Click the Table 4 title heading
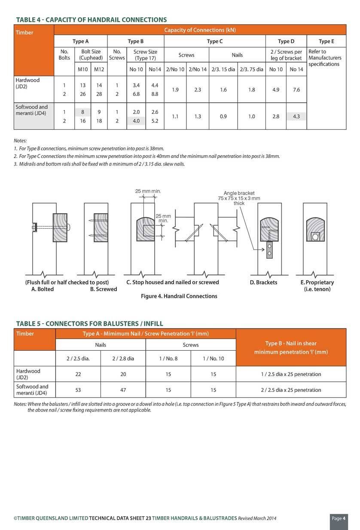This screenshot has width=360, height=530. pyautogui.click(x=91, y=20)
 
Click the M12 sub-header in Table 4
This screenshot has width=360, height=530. pyautogui.click(x=99, y=69)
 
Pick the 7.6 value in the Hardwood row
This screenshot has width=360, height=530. pyautogui.click(x=296, y=90)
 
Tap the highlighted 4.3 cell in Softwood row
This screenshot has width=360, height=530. pyautogui.click(x=296, y=116)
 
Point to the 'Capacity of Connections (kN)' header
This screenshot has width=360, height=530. pyautogui.click(x=200, y=30)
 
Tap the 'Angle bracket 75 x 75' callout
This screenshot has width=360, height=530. pyautogui.click(x=239, y=198)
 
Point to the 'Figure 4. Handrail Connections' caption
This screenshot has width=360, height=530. pyautogui.click(x=179, y=296)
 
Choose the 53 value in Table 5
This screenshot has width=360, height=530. pyautogui.click(x=78, y=390)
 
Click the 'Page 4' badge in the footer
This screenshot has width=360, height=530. pyautogui.click(x=339, y=518)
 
